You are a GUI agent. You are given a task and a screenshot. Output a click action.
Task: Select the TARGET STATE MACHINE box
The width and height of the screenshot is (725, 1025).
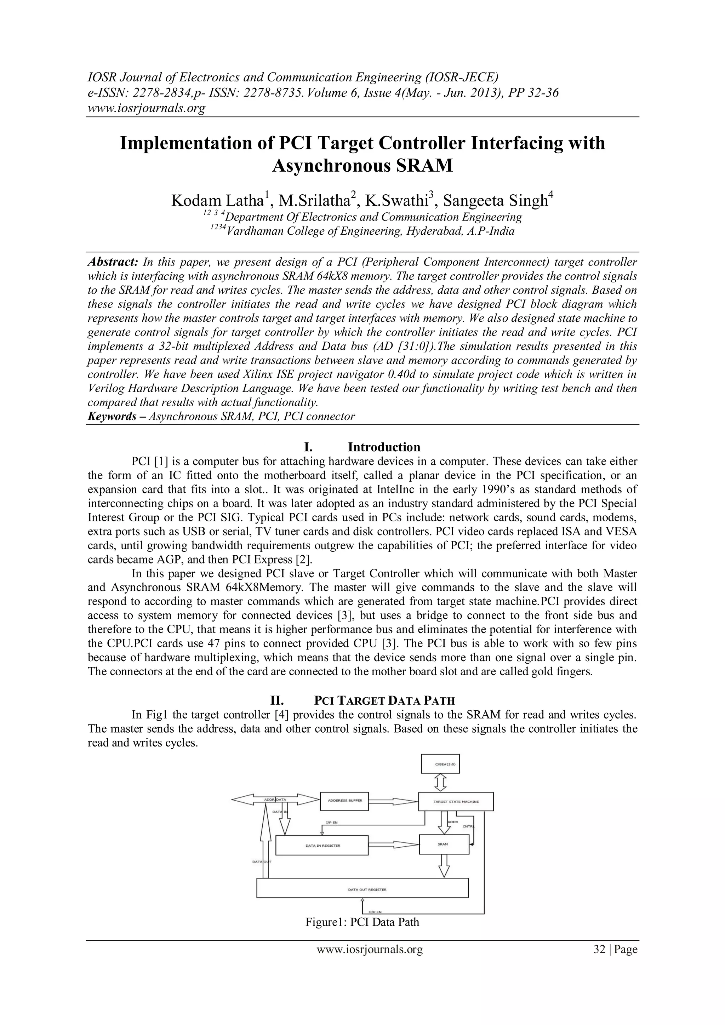pyautogui.click(x=455, y=801)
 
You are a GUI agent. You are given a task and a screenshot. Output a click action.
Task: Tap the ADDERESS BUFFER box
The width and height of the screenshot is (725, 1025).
pyautogui.click(x=345, y=801)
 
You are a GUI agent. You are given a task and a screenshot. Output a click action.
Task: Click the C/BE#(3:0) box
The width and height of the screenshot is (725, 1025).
pyautogui.click(x=440, y=764)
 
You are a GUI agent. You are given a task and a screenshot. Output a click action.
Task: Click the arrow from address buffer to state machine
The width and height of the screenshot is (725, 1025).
pyautogui.click(x=393, y=801)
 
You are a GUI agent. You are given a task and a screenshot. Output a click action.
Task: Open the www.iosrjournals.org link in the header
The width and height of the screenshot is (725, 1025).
pyautogui.click(x=146, y=108)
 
